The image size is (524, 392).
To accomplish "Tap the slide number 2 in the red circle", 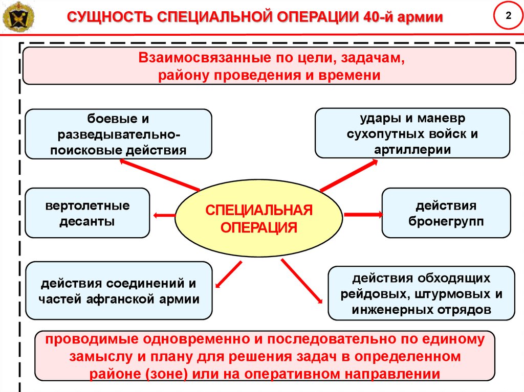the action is (508, 16).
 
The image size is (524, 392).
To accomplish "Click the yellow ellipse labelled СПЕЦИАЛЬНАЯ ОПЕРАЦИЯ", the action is (258, 218).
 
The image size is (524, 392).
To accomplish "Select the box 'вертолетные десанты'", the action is (87, 213).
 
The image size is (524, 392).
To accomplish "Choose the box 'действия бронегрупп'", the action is (446, 213).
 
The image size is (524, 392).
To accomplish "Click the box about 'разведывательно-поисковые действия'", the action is (118, 134).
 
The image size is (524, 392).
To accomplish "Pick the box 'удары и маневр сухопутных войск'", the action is (412, 133).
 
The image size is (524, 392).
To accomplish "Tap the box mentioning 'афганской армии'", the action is (119, 290).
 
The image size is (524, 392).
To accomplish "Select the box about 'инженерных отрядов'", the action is (422, 293).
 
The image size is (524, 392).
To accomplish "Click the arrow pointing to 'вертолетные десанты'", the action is (164, 215).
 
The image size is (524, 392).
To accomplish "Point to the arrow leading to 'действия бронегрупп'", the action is (363, 214).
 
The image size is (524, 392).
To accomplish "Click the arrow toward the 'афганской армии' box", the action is (229, 274).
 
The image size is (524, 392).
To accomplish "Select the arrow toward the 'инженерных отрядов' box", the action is (302, 281).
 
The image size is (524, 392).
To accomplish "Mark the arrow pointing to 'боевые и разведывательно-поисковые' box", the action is (160, 175).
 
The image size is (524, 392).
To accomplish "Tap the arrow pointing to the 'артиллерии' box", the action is (349, 175).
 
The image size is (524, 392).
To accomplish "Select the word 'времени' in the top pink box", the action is (349, 75).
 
